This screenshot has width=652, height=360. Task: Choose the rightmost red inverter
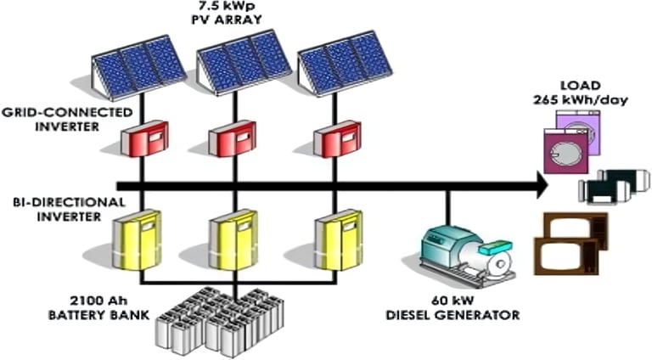click(x=336, y=139)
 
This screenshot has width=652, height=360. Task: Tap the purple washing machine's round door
click(x=562, y=156)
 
